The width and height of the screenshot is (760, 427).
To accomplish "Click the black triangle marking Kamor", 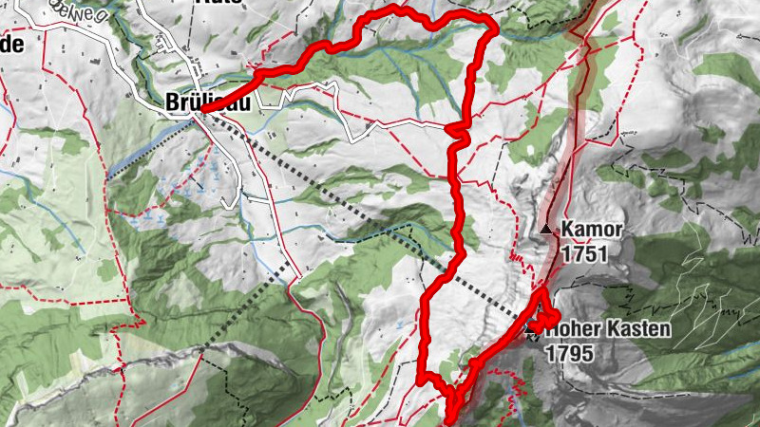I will pyautogui.click(x=545, y=229).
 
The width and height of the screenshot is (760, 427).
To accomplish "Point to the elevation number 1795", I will pyautogui.click(x=569, y=353).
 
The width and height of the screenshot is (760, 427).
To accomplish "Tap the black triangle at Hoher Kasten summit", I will pyautogui.click(x=530, y=330).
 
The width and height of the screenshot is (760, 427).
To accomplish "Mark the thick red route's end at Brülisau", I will pyautogui.click(x=202, y=111).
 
